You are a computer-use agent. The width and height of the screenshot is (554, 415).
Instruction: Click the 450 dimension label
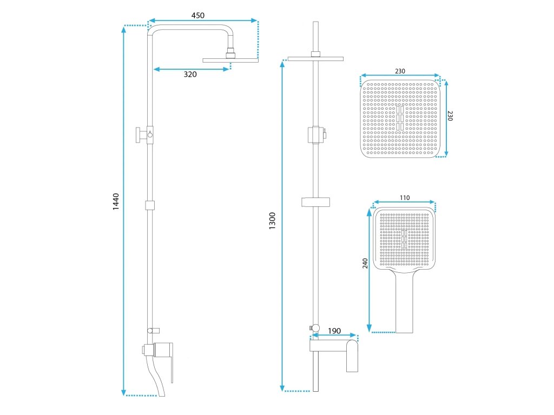pyautogui.click(x=198, y=16)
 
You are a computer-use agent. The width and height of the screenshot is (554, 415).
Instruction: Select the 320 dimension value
pyautogui.click(x=190, y=75)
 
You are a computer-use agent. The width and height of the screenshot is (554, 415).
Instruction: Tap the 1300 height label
pyautogui.click(x=273, y=221)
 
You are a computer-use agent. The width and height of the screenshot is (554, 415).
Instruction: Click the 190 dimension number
pyautogui.click(x=334, y=331)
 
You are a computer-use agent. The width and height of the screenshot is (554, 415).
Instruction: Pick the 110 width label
pyautogui.click(x=404, y=198)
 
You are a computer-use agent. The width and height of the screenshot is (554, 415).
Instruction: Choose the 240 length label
pyautogui.click(x=365, y=263)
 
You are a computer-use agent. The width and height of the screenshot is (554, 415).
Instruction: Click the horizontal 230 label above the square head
pyautogui.click(x=400, y=71)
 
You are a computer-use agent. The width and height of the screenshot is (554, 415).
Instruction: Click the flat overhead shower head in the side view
pyautogui.click(x=230, y=59)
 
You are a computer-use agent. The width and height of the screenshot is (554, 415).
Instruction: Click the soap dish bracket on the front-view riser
pyautogui.click(x=315, y=203)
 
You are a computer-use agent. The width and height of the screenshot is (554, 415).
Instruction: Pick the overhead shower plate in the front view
pyautogui.click(x=316, y=58)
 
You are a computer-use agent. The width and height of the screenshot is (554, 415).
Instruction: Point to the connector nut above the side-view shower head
pyautogui.click(x=232, y=52)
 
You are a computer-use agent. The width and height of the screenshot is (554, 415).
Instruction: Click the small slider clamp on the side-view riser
pyautogui.click(x=150, y=205)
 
